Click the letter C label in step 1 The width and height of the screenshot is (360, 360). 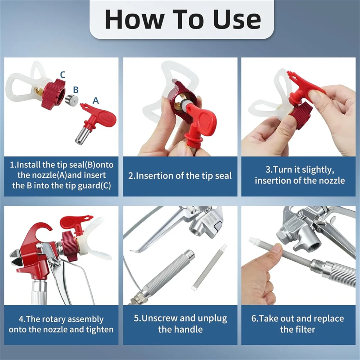pos(63,75)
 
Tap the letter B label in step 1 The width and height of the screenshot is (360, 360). pos(76,90)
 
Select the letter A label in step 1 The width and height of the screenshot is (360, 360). pos(96,100)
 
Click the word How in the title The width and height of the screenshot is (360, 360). pos(134,19)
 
